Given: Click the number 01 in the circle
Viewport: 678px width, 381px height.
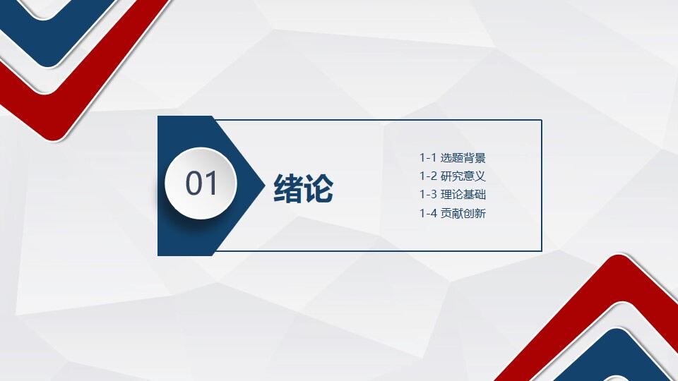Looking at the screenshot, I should [201, 183].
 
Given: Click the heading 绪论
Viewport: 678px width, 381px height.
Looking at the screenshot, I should [303, 188].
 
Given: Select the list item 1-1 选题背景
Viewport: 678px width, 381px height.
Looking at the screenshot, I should [452, 158].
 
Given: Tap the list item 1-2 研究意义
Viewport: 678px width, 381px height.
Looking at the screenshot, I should [452, 176].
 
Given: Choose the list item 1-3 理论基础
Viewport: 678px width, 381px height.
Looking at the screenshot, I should [452, 195].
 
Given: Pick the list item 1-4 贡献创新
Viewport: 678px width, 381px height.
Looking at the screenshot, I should [452, 213].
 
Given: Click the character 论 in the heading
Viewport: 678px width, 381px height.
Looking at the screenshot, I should [319, 188].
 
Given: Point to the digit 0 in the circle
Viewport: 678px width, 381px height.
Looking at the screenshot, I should [194, 183].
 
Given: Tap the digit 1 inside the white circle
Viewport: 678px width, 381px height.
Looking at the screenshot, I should [211, 183].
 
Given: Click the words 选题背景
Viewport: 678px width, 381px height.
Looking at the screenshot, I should [463, 158].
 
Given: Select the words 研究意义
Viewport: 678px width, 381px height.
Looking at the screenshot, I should [463, 176].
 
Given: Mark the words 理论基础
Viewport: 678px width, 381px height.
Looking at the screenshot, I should [463, 195].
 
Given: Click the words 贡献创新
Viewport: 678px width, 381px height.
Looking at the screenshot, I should [463, 213].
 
